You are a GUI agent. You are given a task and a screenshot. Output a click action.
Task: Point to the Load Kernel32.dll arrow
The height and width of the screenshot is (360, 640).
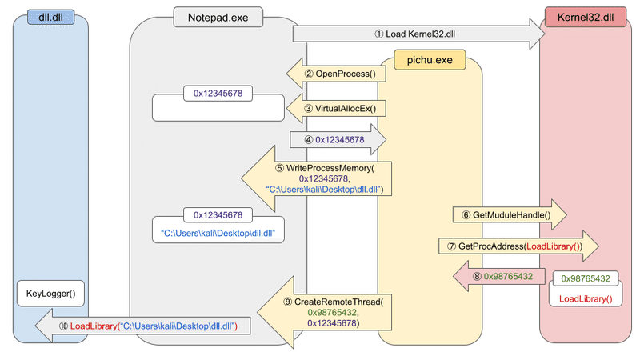[416, 34]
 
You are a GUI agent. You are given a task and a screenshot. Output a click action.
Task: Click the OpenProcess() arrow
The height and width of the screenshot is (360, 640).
[337, 74]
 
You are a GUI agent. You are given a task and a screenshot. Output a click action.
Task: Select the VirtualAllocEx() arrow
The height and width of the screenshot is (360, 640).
[337, 107]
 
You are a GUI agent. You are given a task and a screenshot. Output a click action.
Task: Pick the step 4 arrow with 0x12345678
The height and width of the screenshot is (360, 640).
[337, 139]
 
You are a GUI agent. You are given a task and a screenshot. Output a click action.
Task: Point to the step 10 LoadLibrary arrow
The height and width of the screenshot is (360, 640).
[144, 326]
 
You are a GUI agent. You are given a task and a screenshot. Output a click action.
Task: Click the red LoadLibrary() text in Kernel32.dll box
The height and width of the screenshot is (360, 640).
[584, 298]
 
